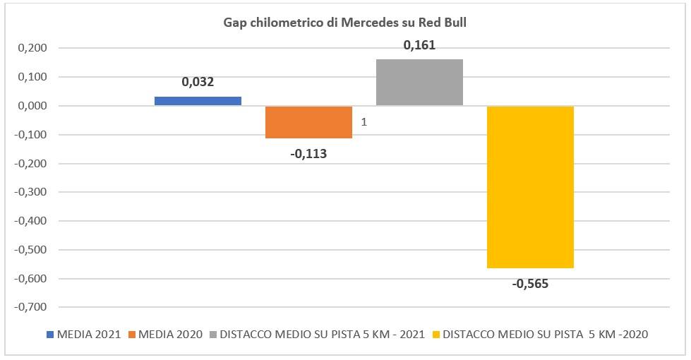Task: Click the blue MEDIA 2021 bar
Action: tap(198, 101)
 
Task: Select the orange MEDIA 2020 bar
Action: tap(308, 122)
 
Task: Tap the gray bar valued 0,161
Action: tap(419, 83)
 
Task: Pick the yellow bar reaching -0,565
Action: tap(530, 187)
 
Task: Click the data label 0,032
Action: tap(198, 82)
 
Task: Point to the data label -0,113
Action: tap(308, 153)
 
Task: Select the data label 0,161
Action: tap(419, 45)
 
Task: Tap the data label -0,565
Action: tap(530, 284)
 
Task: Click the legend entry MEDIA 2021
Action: tap(89, 334)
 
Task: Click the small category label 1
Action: tap(363, 122)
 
